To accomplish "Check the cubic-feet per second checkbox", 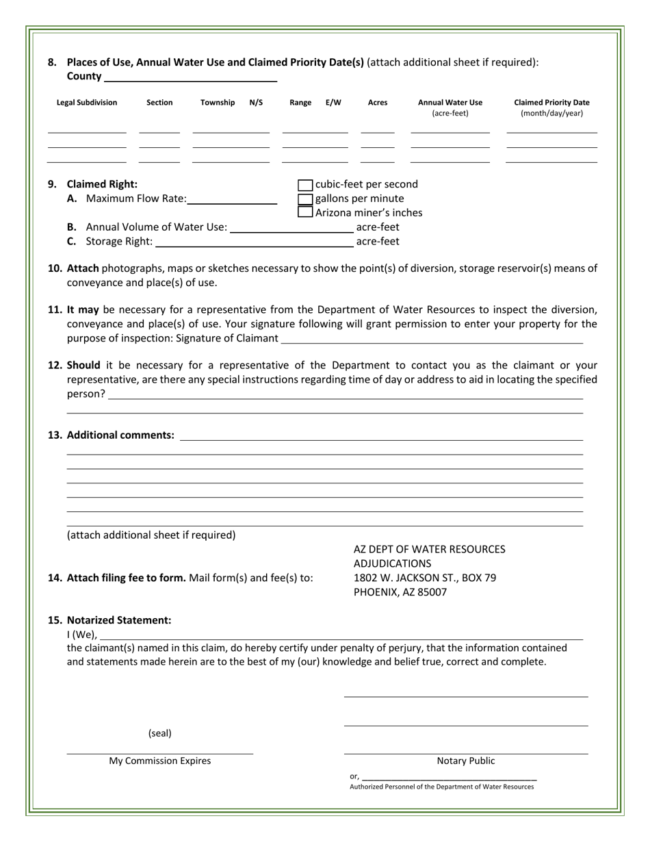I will coord(306,185).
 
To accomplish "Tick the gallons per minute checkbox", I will coord(306,199).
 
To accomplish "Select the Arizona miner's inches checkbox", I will coord(306,212).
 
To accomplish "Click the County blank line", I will coord(190,77).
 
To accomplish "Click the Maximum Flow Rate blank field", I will coord(232,200).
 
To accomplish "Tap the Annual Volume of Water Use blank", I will coord(292,228).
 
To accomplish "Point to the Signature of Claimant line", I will coord(432,339).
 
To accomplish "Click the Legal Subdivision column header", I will coord(87,103).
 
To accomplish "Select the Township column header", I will coord(218,103).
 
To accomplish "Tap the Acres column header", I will coord(378,103).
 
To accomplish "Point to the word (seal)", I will coord(160,733).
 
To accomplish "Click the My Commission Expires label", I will coord(160,761).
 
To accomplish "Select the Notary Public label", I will coord(466,761).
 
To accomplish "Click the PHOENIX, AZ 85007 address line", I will coord(400,592).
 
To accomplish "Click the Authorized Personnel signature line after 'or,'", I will coord(449,778).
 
